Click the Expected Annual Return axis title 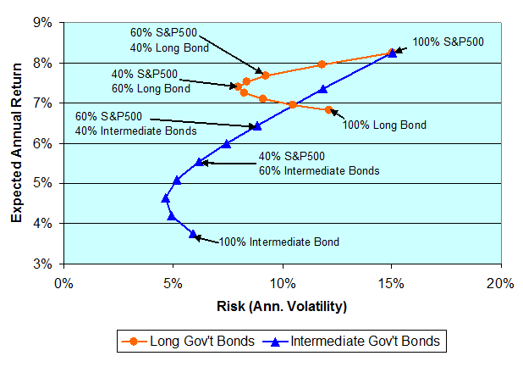16,142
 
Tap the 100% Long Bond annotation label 384,125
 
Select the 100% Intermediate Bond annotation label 278,242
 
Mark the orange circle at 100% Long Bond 328,109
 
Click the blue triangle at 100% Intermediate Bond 193,234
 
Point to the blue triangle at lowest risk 166,198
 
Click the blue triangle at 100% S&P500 393,53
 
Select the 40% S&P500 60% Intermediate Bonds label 319,163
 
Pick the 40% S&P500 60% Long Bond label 151,81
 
